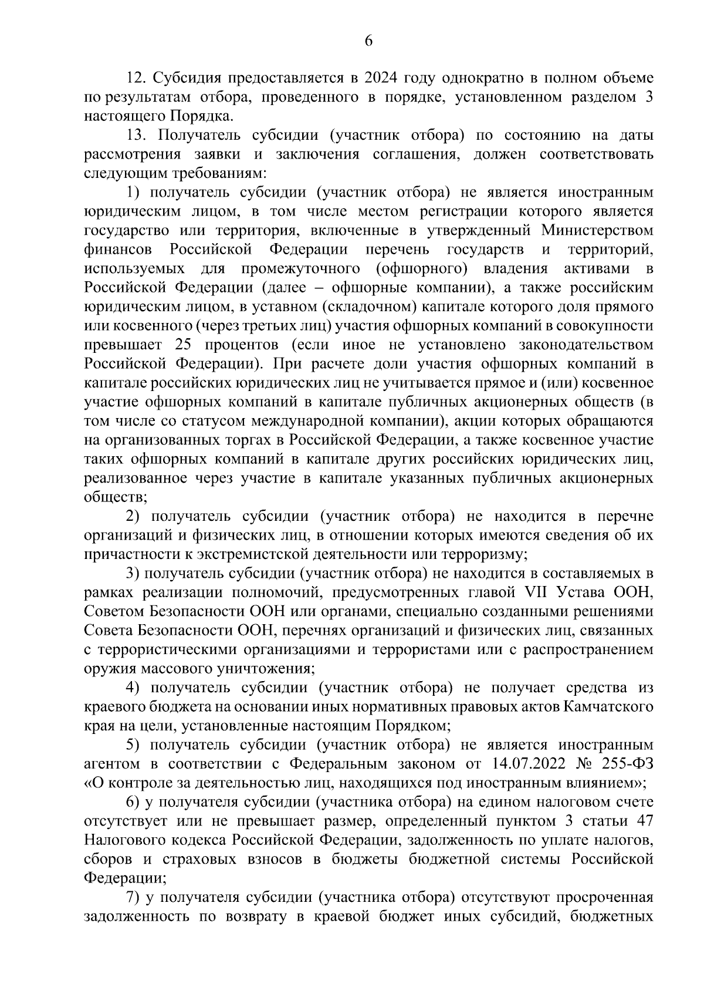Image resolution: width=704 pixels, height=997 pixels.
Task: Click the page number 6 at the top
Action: coord(368,41)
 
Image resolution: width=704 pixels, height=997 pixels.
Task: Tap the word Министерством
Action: coord(597,230)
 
